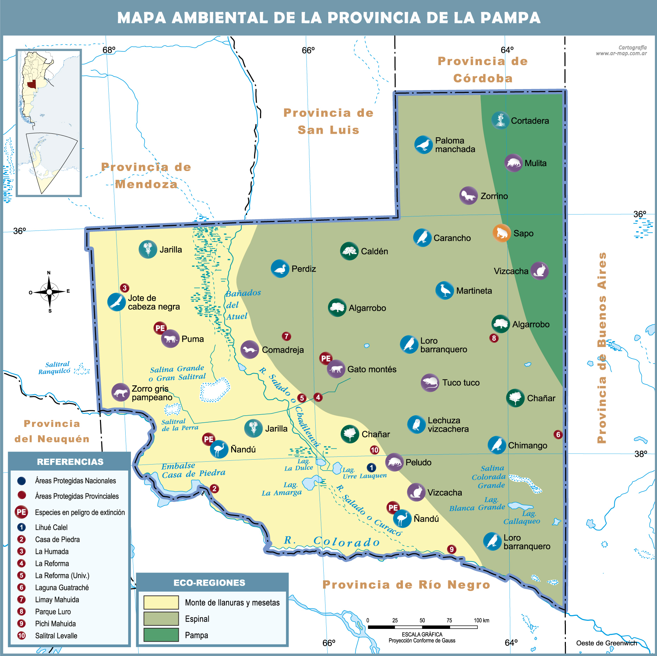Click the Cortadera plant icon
500,120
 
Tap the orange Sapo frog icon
501,233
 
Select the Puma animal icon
170,339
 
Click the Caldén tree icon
349,251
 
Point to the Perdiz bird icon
280,269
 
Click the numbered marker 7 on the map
286,336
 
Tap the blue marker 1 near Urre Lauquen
371,467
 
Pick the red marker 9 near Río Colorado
451,549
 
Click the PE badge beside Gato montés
326,358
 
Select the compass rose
49,292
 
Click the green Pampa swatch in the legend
161,635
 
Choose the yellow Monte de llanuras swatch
161,602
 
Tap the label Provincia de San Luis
328,121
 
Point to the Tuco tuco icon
430,383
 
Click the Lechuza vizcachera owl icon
416,424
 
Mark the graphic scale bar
422,627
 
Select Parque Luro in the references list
53,612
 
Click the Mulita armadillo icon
513,163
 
